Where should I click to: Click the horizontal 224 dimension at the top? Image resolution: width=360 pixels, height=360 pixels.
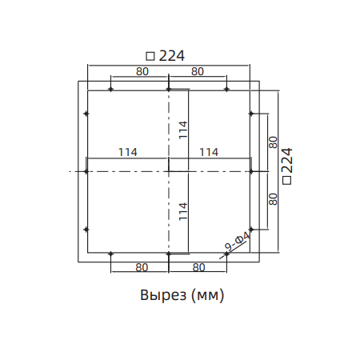pos(166,56)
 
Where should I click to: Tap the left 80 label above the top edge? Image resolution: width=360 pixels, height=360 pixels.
pos(141,71)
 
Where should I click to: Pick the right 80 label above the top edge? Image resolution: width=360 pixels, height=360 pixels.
pos(198,71)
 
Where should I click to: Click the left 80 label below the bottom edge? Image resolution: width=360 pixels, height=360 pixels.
pos(141,266)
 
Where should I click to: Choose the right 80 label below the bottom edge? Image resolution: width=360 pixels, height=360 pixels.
pos(198,266)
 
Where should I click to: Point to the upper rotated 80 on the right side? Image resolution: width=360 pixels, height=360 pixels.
pos(273,142)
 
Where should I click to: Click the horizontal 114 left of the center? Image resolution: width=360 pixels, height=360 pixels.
pos(127,152)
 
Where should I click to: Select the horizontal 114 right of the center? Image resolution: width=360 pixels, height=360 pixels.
pos(209,152)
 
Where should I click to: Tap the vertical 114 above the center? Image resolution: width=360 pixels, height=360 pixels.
pos(182,129)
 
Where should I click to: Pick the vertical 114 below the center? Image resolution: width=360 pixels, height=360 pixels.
pos(182,210)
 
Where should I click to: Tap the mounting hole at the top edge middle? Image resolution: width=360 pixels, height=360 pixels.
pos(169,89)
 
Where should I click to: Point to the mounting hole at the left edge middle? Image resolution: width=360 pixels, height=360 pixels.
pos(86,171)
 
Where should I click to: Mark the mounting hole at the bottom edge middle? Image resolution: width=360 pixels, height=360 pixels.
pos(169,254)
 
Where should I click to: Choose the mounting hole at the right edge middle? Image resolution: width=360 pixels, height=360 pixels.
pos(251,171)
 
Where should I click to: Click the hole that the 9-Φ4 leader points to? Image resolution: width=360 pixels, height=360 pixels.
pos(226,254)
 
